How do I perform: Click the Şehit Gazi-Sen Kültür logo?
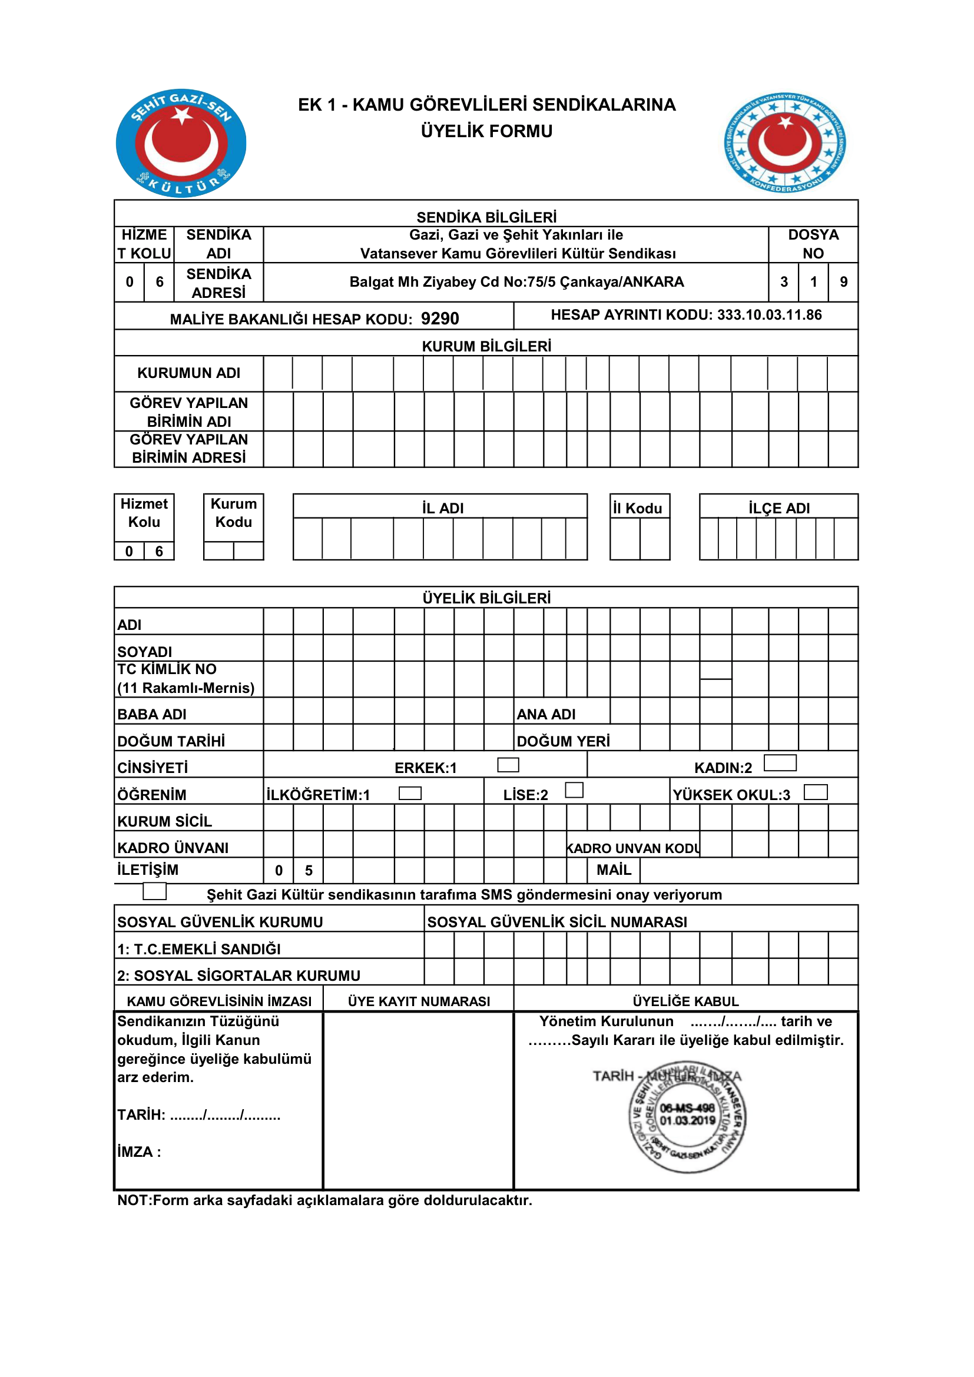181,143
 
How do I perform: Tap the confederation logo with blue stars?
784,142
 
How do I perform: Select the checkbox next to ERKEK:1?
508,765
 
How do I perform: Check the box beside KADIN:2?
780,763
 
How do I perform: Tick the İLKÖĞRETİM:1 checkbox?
410,793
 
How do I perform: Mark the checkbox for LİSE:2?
574,790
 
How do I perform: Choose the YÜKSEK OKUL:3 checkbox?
815,792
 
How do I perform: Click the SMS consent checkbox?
154,891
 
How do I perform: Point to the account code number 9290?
440,318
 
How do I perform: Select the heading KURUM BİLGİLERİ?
486,346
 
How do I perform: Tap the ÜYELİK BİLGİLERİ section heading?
486,598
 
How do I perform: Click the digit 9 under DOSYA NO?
843,282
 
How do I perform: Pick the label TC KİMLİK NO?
167,669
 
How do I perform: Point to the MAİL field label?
614,870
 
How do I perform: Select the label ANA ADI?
546,714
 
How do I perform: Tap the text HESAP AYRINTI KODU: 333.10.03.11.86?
686,315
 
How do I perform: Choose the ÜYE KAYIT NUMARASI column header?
419,1001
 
